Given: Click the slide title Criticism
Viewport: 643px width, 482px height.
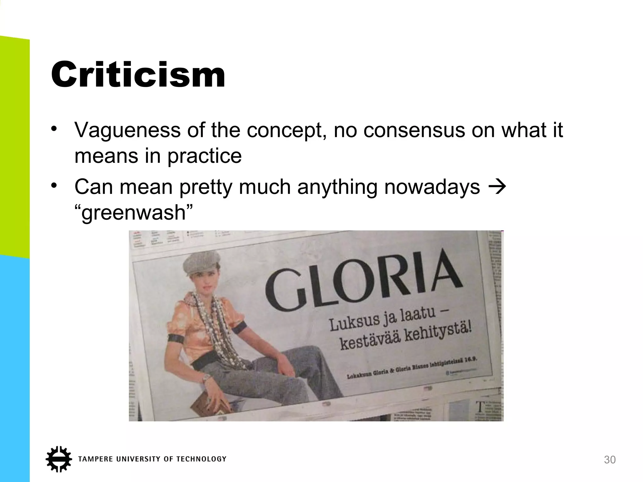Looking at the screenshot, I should coord(138,75).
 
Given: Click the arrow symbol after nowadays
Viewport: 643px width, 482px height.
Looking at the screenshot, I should coord(497,187).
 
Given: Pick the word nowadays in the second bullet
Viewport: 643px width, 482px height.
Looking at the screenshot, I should coord(432,187).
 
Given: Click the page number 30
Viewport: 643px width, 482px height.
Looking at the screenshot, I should coord(610,460).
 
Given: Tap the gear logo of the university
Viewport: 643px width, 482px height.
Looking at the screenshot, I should coord(59,459).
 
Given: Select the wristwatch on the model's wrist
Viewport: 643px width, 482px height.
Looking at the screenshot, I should coord(206,379).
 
